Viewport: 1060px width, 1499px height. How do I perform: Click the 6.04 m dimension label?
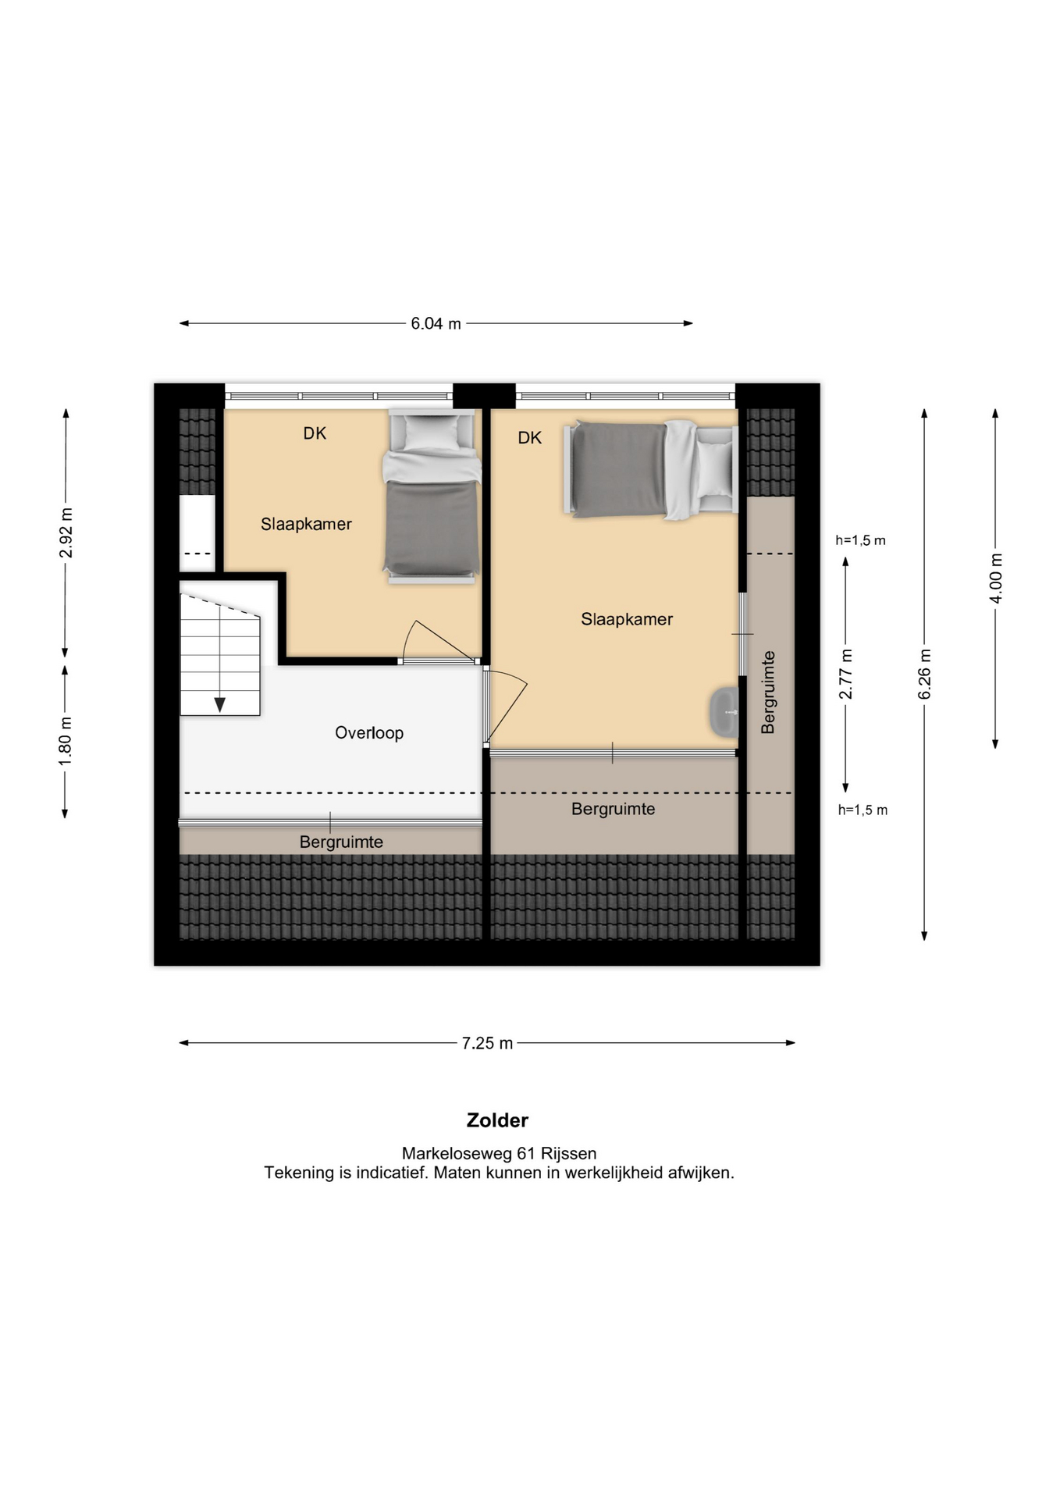click(x=436, y=323)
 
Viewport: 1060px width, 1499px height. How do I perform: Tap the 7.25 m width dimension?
click(x=487, y=1043)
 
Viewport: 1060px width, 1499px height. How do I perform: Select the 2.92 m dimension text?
click(x=66, y=533)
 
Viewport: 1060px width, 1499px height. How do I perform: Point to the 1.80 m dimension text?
click(x=66, y=741)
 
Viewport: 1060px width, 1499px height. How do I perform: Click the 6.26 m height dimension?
click(x=924, y=674)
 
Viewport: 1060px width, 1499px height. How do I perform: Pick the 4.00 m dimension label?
click(x=995, y=578)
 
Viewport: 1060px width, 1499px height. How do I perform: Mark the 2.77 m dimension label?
click(x=845, y=675)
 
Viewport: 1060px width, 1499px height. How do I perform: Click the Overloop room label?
click(x=369, y=733)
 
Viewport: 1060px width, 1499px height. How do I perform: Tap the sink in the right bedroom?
click(x=724, y=712)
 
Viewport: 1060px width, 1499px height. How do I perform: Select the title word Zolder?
click(x=497, y=1120)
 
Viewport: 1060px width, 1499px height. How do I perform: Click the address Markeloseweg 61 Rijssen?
click(x=499, y=1153)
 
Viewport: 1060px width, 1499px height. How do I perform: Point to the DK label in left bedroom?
click(x=315, y=433)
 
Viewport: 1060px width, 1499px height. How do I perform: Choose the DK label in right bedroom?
click(x=529, y=438)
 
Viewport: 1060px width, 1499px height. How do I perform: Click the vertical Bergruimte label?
click(x=768, y=693)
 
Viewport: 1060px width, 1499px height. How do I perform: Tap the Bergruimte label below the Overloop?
click(x=341, y=842)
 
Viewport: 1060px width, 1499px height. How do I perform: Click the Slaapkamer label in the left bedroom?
click(x=306, y=525)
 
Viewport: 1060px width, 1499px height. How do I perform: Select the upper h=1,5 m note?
click(x=860, y=540)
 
